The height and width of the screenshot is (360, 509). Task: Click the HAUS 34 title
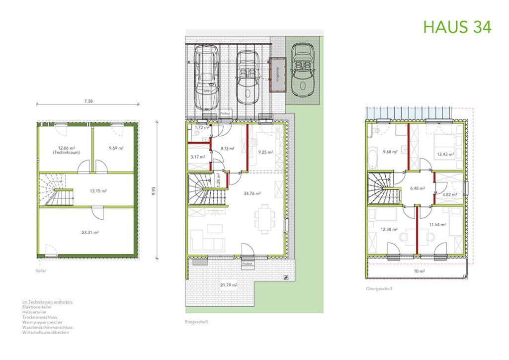point(457,27)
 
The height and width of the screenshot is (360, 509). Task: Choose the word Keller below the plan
point(41,271)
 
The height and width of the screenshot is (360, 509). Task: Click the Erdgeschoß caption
point(195,322)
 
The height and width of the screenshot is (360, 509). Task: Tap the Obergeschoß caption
point(376,288)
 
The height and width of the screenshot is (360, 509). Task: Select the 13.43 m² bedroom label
point(445,154)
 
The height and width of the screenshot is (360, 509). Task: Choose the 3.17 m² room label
point(197,157)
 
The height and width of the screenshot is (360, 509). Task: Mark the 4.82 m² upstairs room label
point(449,195)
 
